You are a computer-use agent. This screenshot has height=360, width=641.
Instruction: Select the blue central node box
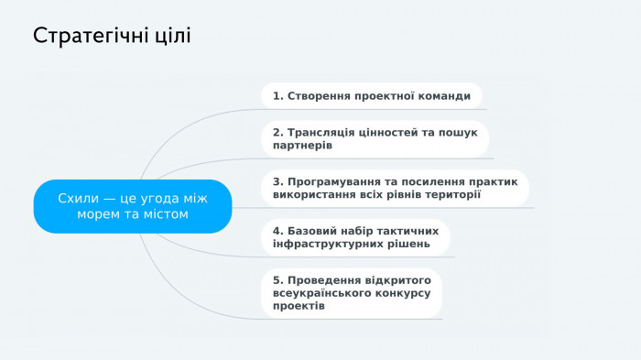(x=133, y=206)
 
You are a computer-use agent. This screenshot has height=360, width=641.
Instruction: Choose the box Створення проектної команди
(x=371, y=95)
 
